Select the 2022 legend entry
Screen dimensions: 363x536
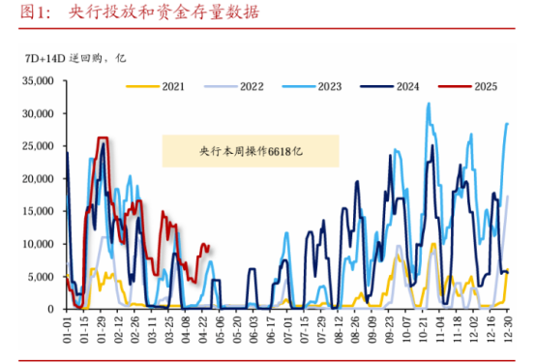tap(250, 86)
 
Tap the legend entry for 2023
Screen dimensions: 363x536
tap(328, 86)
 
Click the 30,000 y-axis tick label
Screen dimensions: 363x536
tap(40, 114)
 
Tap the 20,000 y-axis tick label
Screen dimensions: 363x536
tap(40, 179)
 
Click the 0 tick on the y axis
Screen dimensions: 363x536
tap(54, 310)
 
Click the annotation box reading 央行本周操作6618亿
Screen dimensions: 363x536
tap(250, 151)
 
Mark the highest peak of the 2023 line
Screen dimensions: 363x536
tap(429, 104)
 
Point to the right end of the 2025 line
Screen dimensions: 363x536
tap(209, 246)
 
